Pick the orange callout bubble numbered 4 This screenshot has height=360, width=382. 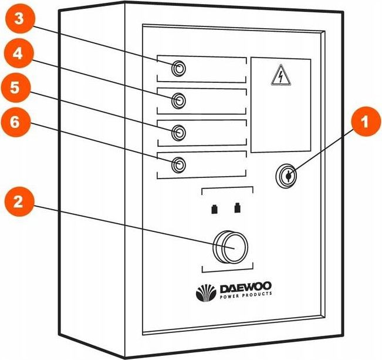coord(20,53)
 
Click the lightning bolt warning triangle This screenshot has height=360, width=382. coord(280,76)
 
